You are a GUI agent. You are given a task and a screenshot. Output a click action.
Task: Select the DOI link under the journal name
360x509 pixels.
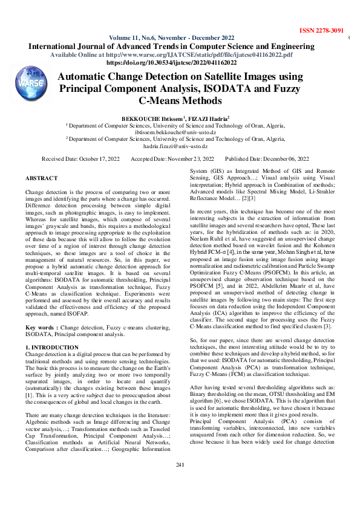[180, 62]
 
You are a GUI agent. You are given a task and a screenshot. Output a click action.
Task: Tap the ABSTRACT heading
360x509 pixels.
[42, 178]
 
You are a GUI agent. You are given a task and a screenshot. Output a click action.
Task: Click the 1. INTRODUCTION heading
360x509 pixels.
[52, 348]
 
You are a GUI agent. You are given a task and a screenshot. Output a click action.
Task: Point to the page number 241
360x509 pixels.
[180, 481]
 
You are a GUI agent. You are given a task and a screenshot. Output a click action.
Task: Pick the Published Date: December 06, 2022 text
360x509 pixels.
[272, 158]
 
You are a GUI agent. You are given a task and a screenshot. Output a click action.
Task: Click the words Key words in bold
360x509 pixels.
[41, 326]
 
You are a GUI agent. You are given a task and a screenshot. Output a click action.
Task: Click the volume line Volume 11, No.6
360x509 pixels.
[171, 37]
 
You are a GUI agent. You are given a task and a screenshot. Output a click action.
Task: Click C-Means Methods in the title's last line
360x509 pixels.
[180, 100]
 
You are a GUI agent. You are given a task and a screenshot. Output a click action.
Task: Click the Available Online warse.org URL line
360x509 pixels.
[180, 54]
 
